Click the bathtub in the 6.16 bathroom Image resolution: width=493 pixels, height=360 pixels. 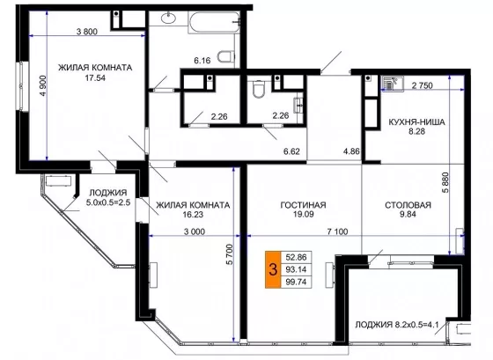coord(213,22)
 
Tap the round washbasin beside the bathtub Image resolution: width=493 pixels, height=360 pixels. coord(169,18)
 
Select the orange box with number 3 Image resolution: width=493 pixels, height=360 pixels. coord(272,269)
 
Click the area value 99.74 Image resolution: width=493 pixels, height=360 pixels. coord(296,282)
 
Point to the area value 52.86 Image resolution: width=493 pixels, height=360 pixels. coord(296,257)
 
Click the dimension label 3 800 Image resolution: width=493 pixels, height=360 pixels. coord(87,32)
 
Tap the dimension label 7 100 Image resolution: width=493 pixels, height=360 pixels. coord(337,232)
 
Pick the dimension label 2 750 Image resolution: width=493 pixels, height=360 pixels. coord(423,85)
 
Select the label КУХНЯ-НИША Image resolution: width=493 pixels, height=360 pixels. coord(417,122)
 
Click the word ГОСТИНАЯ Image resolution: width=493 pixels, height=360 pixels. coord(303,205)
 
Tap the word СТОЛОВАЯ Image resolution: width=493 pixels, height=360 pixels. coord(408,205)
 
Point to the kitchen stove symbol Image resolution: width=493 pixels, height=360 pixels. coord(392,84)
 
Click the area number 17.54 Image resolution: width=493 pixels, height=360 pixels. coord(95,77)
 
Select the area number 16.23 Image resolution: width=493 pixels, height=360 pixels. coord(193,215)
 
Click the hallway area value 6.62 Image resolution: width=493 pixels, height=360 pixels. coord(291,151)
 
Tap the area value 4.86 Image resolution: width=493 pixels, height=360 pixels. coord(351,151)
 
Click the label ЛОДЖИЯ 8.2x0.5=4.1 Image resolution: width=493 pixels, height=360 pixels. coord(397,325)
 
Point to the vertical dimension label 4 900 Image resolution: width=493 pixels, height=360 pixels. coord(43,86)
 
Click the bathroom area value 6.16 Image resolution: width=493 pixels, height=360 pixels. coord(202,61)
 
